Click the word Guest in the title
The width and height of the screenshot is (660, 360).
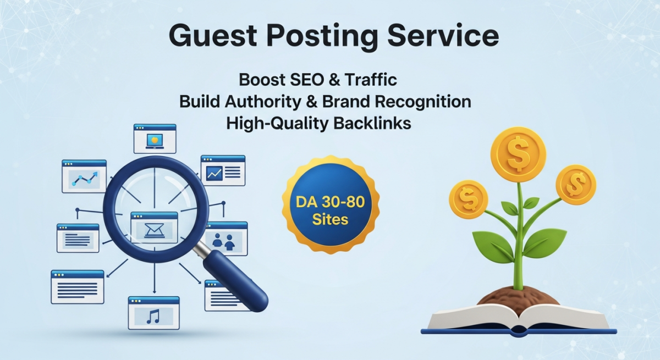[213, 36]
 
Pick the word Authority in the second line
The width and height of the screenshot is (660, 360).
[263, 102]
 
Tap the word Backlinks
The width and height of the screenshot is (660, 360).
[372, 123]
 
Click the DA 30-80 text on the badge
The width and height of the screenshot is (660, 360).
[330, 202]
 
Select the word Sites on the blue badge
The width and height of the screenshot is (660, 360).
[330, 220]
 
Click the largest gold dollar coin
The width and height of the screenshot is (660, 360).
[518, 154]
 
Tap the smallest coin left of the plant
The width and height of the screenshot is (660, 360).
[469, 200]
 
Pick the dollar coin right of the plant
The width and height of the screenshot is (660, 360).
[576, 185]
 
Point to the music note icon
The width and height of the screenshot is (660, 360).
[153, 317]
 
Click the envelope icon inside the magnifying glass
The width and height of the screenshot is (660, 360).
[154, 230]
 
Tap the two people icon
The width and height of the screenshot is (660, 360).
[224, 242]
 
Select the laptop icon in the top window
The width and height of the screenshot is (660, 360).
[155, 140]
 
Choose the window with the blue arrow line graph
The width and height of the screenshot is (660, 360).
[84, 176]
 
